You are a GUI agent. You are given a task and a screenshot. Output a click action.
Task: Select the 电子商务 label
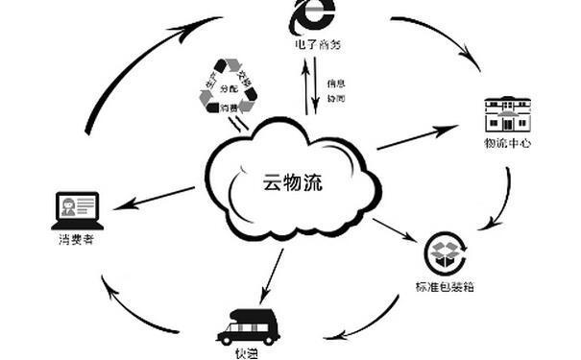click(316, 44)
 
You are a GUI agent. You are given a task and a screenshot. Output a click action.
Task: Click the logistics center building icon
click(507, 115)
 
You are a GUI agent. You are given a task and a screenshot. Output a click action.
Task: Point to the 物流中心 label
click(507, 144)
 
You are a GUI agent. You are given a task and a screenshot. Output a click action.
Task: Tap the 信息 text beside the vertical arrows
click(335, 83)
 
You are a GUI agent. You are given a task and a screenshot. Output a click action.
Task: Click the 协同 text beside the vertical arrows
click(335, 98)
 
